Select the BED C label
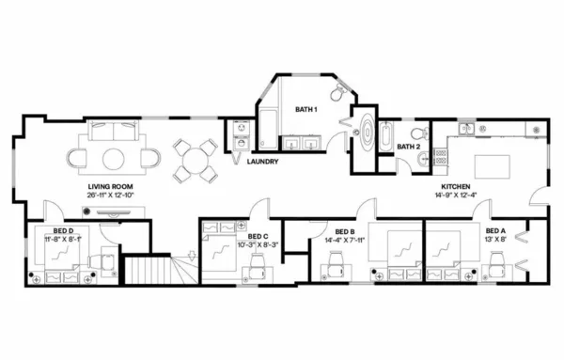pos(258,236)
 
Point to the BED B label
pos(344,231)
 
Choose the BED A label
pos(495,231)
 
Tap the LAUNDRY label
pos(262,162)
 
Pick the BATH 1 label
pos(306,110)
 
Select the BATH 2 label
pos(407,148)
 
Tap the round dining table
pos(195,159)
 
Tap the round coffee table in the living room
pos(112,156)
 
